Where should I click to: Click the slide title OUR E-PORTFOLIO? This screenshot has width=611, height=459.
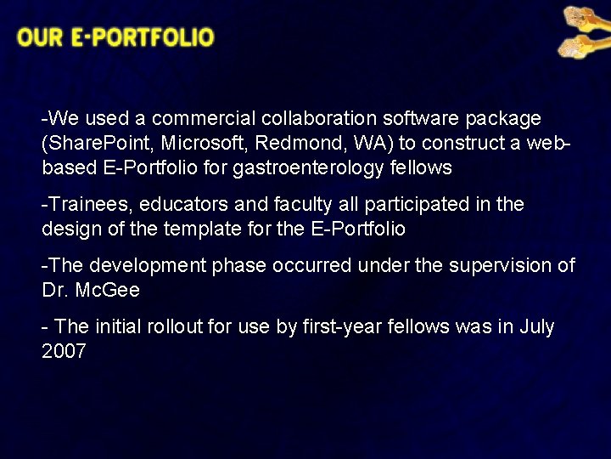(x=115, y=38)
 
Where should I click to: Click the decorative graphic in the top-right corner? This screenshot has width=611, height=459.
(x=581, y=32)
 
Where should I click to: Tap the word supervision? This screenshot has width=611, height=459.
(x=498, y=266)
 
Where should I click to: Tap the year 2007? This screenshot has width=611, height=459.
(x=64, y=351)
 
